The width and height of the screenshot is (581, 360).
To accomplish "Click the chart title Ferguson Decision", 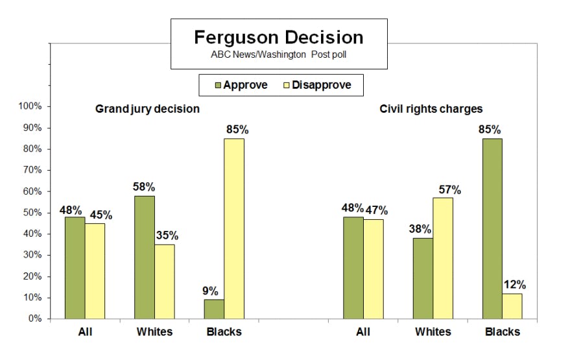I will pyautogui.click(x=279, y=36).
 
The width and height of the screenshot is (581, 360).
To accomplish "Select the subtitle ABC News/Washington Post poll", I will pyautogui.click(x=279, y=55).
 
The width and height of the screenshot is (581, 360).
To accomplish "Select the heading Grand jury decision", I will pyautogui.click(x=147, y=108).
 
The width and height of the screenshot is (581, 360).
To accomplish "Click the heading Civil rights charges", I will pyautogui.click(x=431, y=108).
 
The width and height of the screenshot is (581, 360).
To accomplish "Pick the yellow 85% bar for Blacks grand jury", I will pyautogui.click(x=234, y=228).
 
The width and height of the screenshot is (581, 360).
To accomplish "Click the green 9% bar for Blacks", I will pyautogui.click(x=214, y=309).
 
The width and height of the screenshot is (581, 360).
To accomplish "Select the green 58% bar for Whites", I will pyautogui.click(x=145, y=257).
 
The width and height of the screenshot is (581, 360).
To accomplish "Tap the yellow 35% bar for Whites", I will pyautogui.click(x=164, y=282).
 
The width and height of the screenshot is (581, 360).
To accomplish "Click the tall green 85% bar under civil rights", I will pyautogui.click(x=492, y=228).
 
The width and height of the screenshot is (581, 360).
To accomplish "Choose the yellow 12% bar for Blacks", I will pyautogui.click(x=512, y=306).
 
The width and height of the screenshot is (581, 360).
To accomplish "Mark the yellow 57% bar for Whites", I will pyautogui.click(x=443, y=258).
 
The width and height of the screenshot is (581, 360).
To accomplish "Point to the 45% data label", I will pyautogui.click(x=95, y=215).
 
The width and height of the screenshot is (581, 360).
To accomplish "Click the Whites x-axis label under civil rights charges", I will pyautogui.click(x=433, y=331).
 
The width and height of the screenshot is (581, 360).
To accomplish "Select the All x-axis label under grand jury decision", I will pyautogui.click(x=85, y=331).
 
